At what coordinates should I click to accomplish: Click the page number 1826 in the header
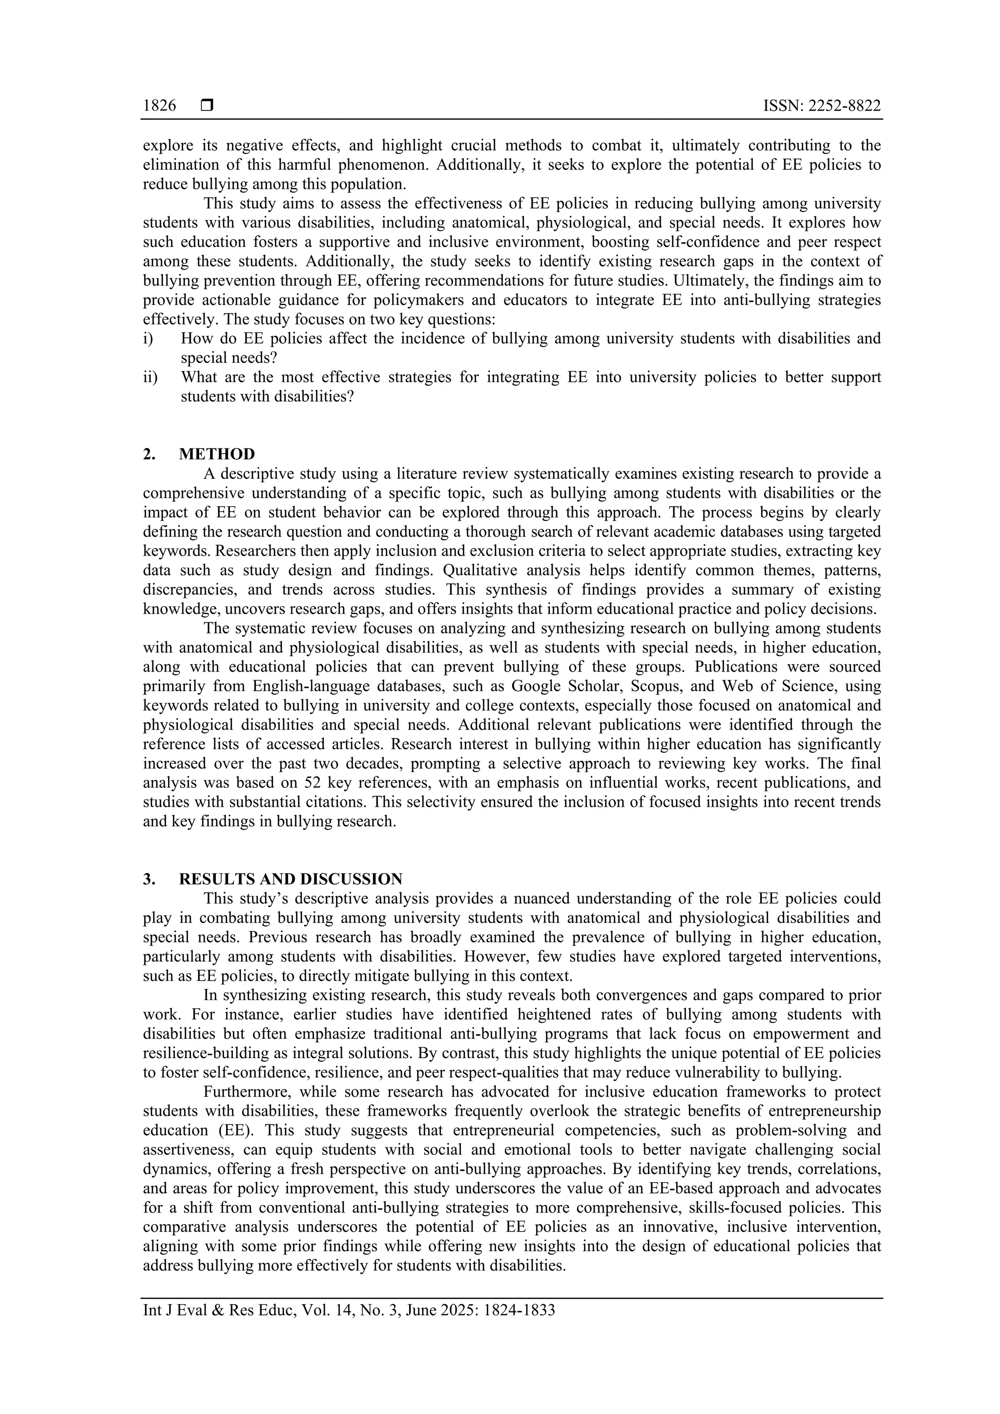(160, 106)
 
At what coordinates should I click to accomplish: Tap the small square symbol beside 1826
(207, 106)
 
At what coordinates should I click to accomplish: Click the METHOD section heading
(217, 454)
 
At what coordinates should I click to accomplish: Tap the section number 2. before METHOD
(149, 454)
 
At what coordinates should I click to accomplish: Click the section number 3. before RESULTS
(149, 879)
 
